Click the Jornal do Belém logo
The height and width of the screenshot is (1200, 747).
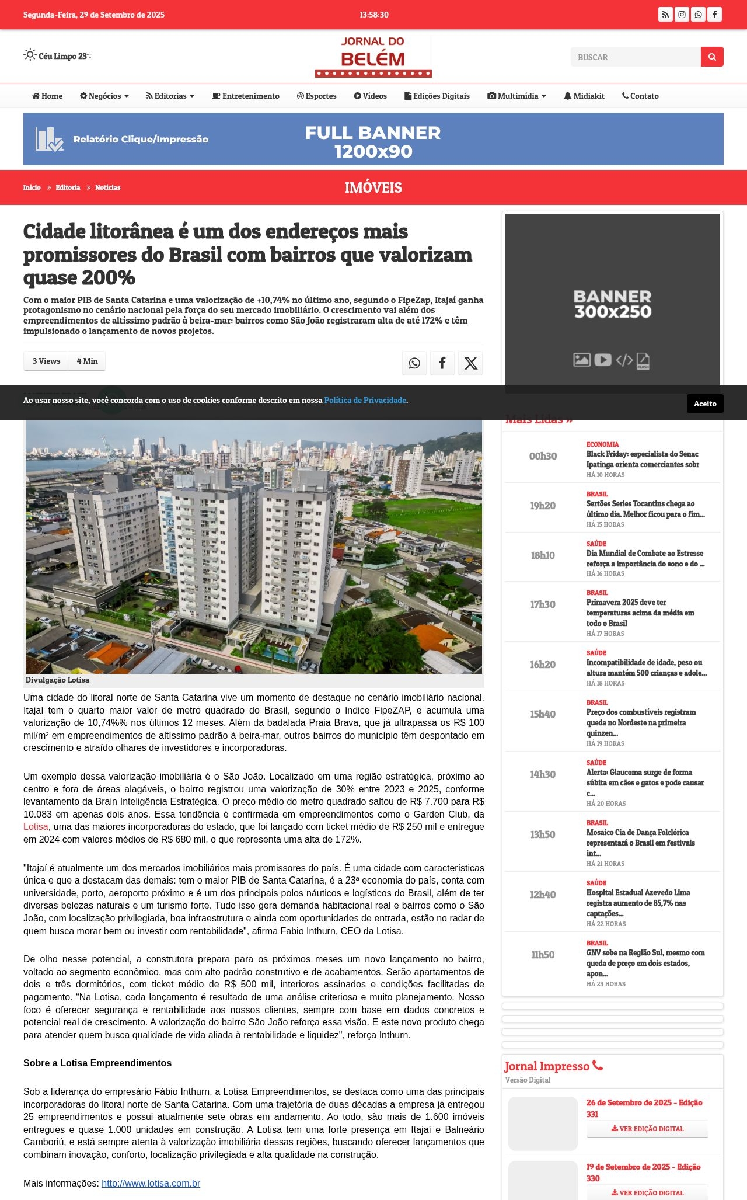(x=373, y=57)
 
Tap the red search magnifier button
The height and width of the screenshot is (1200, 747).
(x=712, y=57)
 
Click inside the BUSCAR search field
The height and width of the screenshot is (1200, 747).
(x=635, y=57)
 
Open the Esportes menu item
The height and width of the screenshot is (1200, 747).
(x=317, y=96)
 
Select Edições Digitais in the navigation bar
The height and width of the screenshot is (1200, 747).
(x=437, y=96)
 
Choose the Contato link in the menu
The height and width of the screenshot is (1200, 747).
(x=640, y=96)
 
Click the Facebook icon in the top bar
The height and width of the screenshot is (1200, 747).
(x=714, y=15)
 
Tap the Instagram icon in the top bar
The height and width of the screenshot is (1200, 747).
(x=682, y=15)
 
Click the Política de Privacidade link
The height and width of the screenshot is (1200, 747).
(x=365, y=400)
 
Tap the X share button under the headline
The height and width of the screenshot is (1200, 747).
(x=470, y=363)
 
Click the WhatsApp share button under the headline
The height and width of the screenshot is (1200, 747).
(x=414, y=363)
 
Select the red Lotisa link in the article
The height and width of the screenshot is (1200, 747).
(x=36, y=826)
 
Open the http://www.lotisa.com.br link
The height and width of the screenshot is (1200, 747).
(x=151, y=1183)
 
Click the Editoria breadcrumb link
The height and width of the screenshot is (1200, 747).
(x=68, y=187)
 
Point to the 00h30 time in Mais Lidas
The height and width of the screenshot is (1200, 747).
(x=543, y=456)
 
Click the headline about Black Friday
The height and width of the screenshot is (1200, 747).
(x=643, y=459)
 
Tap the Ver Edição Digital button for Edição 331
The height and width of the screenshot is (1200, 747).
(x=647, y=1129)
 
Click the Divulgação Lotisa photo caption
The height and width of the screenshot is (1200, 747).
(x=57, y=680)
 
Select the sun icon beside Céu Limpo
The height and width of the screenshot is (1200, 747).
(x=30, y=55)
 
